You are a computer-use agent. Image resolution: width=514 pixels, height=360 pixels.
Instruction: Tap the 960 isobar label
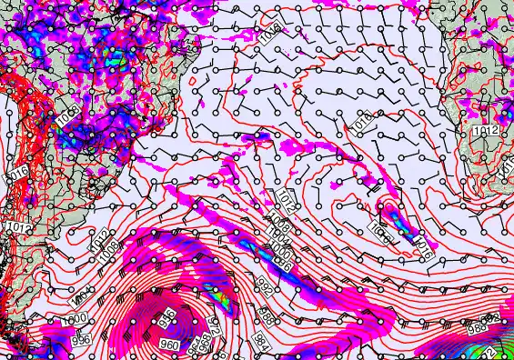[170, 345]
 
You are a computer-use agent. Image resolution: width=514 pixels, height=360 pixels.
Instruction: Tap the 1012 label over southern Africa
[486, 133]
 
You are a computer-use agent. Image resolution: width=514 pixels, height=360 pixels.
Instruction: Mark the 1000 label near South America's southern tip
[76, 318]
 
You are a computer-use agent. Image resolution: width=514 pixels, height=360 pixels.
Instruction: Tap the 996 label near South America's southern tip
[81, 338]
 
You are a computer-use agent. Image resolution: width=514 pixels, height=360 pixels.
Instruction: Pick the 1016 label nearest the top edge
[268, 36]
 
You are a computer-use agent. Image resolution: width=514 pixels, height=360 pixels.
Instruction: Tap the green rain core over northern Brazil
[116, 61]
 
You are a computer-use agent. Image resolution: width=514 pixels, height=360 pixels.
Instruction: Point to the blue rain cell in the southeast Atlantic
[392, 214]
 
